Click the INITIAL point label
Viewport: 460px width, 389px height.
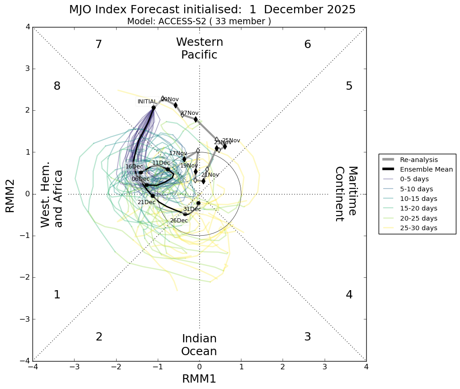[x=147, y=102]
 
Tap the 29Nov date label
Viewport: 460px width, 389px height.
[x=171, y=99]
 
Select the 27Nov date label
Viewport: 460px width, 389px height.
[x=190, y=113]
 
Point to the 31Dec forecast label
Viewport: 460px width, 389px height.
[x=192, y=209]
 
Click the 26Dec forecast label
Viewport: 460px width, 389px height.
[x=179, y=221]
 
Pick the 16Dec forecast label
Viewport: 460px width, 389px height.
[x=134, y=167]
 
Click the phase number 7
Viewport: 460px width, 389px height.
[x=98, y=44]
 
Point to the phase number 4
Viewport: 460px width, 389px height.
[x=349, y=295]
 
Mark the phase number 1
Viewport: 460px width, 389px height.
[x=57, y=295]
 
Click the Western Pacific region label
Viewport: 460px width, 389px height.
[x=199, y=49]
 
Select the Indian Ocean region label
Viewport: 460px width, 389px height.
[x=199, y=345]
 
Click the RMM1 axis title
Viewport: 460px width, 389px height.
[x=199, y=379]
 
